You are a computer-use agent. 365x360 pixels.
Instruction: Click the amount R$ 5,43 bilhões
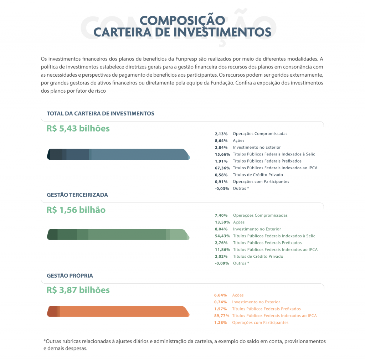pos(78,128)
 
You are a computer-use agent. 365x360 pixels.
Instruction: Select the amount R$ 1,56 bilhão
pos(76,210)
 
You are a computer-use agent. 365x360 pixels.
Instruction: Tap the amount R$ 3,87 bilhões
pos(78,290)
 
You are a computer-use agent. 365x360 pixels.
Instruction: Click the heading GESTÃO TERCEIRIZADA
pos(77,195)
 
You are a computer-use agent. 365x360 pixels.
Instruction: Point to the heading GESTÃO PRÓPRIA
pos(70,276)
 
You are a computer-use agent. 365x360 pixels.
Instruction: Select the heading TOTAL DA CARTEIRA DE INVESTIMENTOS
pos(101,113)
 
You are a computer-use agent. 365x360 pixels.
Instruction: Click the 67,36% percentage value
pos(222,168)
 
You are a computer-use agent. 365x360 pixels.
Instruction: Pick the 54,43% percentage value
pos(222,236)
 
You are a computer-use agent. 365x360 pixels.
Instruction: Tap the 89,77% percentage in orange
pos(222,316)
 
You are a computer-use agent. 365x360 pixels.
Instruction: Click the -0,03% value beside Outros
pos(222,189)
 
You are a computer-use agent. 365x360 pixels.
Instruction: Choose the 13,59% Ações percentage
pos(222,222)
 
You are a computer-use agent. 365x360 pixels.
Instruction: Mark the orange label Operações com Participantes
pos(260,323)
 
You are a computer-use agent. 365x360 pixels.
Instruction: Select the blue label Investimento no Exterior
pos(257,147)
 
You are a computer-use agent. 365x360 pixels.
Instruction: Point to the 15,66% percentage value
pos(222,154)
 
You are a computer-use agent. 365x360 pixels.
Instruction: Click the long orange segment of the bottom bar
pos(123,311)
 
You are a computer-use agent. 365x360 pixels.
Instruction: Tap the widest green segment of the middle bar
pos(127,235)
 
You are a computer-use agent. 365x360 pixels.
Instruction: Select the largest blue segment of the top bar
pos(139,154)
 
